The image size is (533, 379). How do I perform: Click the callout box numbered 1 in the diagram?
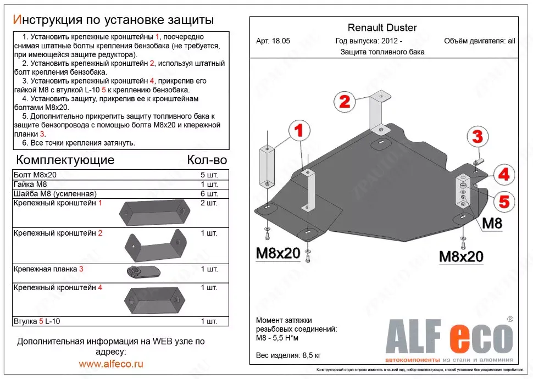pos(298,131)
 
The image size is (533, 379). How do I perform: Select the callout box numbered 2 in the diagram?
pos(345,102)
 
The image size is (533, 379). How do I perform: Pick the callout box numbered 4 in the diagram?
pos(503,175)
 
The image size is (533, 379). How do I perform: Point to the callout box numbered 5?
pos(503,201)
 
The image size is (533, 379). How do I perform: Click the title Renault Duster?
pos(382,28)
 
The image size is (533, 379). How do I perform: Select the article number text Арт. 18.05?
pos(273,41)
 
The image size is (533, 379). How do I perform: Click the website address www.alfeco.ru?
pos(111,364)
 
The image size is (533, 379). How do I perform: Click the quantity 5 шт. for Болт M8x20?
pos(209,175)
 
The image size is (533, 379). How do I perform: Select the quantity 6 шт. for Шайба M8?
pos(209,194)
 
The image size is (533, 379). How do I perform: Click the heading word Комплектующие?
pos(66,160)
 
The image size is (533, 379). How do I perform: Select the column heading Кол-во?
pos(207,160)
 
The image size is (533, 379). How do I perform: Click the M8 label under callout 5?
pos(492,224)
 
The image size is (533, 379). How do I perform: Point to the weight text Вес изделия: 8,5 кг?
pos(288,355)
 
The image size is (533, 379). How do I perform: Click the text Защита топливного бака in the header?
pos(382,52)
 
